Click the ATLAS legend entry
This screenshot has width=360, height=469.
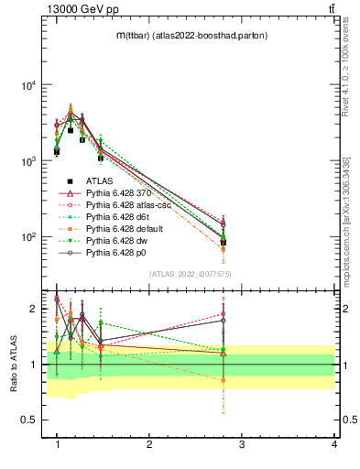99,181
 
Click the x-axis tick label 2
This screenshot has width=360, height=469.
149,444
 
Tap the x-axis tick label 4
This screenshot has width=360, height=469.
334,444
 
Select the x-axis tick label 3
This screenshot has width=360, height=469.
242,444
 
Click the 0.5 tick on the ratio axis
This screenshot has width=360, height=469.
30,420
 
